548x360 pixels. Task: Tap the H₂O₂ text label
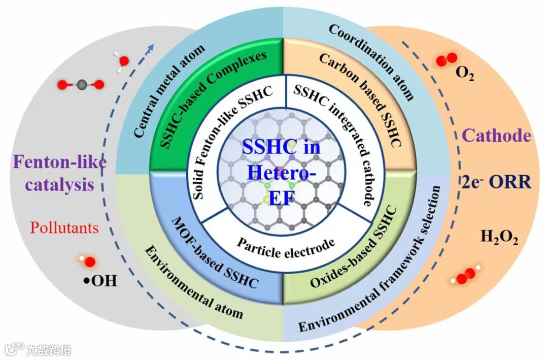pos(499,237)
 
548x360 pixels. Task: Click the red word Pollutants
pos(64,227)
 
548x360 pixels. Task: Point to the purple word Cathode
pos(497,136)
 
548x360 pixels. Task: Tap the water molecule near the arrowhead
pos(122,60)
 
